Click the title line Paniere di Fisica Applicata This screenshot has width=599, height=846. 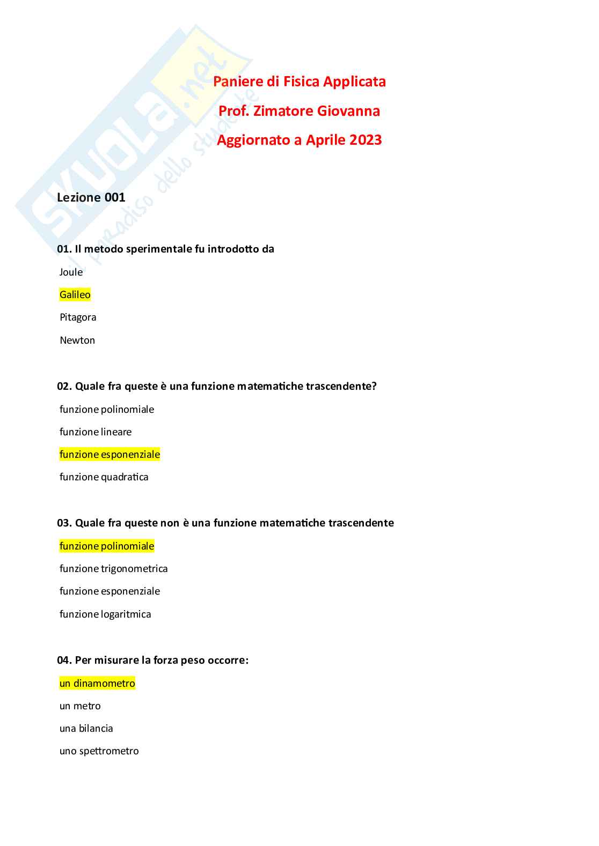[x=299, y=81]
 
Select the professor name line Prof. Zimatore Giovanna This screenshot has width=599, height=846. [x=299, y=111]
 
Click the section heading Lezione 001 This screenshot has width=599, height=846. [x=91, y=197]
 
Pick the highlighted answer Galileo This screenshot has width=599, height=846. [x=75, y=294]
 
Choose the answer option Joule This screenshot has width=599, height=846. [x=71, y=272]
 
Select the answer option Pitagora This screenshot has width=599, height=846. [x=78, y=317]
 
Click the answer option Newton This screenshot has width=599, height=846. [x=77, y=340]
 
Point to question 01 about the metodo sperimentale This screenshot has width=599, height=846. [x=165, y=249]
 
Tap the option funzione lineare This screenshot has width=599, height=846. [x=96, y=432]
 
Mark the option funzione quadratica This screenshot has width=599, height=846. [x=104, y=477]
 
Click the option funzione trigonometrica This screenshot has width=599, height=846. [x=113, y=568]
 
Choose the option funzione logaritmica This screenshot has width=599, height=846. [x=105, y=614]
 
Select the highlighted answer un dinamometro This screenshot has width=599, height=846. [x=97, y=683]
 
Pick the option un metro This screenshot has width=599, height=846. [x=80, y=706]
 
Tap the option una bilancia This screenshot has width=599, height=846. [x=86, y=728]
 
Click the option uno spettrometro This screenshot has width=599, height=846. [x=99, y=751]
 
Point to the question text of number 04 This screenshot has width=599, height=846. [x=152, y=660]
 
